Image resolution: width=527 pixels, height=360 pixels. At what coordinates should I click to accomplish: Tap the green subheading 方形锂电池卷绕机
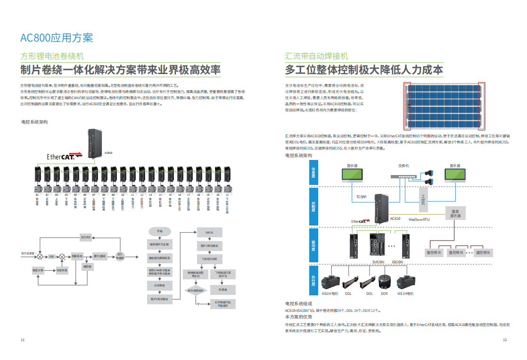tap(52, 56)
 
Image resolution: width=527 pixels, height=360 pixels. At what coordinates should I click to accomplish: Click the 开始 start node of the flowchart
tap(159, 231)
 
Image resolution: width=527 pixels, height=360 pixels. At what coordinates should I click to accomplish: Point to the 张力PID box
tap(86, 237)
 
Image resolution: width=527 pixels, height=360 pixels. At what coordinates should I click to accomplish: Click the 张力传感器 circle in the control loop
tap(120, 256)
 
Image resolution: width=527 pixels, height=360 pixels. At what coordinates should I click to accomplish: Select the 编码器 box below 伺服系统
tap(87, 267)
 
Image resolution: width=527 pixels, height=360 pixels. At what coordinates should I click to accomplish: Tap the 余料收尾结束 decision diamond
tap(196, 291)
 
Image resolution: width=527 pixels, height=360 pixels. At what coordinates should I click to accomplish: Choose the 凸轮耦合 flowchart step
tap(160, 286)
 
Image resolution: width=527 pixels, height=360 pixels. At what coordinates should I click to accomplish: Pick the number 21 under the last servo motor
tap(227, 194)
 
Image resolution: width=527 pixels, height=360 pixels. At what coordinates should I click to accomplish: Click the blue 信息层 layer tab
tap(313, 175)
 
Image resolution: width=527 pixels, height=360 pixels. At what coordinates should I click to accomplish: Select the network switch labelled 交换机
tap(404, 176)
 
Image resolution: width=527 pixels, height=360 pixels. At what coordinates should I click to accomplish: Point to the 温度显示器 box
tap(455, 213)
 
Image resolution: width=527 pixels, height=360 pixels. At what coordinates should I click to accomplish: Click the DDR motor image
tap(384, 283)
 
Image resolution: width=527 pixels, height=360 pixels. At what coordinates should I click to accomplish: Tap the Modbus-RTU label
tap(419, 219)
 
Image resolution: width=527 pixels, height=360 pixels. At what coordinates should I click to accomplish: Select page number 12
tap(504, 340)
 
